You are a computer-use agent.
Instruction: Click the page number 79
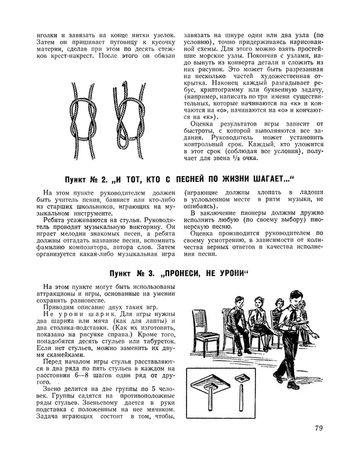coord(318,428)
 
